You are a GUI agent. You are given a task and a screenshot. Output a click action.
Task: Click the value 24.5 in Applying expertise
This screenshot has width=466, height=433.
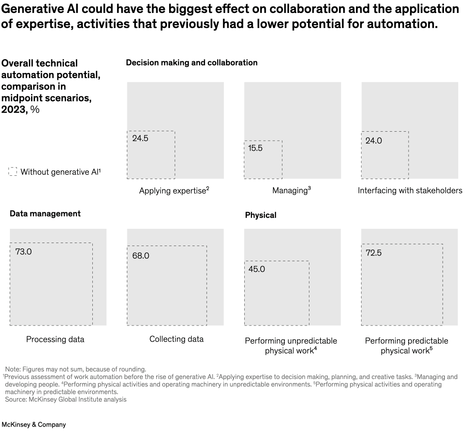(x=140, y=139)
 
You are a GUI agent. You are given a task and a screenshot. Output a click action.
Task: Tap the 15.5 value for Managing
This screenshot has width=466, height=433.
(x=255, y=148)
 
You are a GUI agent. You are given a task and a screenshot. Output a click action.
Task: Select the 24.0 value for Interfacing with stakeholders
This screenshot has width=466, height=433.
(x=374, y=141)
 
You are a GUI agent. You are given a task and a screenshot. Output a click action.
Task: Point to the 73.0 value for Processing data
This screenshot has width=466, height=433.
(x=23, y=252)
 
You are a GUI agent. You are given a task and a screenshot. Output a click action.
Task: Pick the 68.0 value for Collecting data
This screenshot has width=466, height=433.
(x=141, y=256)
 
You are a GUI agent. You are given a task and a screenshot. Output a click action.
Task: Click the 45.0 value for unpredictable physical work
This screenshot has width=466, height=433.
(x=257, y=269)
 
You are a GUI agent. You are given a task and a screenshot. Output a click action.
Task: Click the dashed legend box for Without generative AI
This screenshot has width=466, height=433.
(x=13, y=172)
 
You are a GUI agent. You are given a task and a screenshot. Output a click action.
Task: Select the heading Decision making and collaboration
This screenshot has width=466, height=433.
(x=192, y=63)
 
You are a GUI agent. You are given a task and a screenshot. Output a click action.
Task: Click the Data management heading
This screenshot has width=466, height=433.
(x=45, y=214)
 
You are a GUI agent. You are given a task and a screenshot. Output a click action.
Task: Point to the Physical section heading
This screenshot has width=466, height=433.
(x=261, y=215)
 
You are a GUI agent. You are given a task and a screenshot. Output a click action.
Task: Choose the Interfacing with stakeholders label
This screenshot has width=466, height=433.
(x=410, y=191)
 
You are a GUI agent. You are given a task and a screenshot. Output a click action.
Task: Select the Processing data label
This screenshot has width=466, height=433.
(x=55, y=339)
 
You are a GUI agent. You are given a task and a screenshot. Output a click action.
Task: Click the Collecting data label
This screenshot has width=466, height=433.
(x=176, y=339)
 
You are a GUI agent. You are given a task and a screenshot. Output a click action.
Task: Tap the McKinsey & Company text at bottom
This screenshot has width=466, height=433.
(x=34, y=424)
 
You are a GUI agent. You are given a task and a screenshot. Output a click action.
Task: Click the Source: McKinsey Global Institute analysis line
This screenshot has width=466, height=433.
(x=66, y=399)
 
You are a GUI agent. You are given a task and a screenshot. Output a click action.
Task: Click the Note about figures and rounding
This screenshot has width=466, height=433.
(x=76, y=369)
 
